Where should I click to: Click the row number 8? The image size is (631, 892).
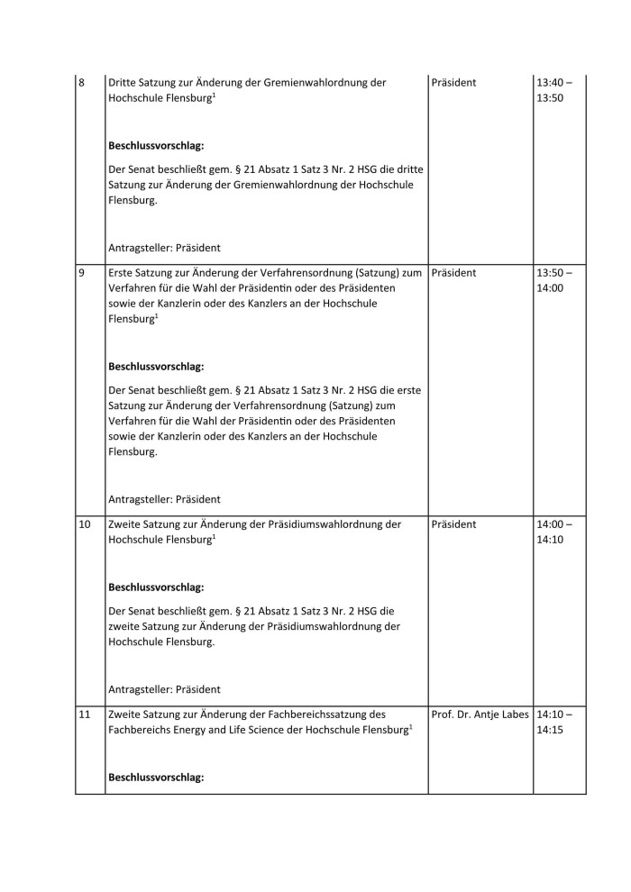click(82, 83)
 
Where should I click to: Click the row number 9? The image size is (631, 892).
click(82, 271)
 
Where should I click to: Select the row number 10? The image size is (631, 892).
click(85, 523)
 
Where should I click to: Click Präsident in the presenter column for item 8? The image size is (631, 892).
click(454, 83)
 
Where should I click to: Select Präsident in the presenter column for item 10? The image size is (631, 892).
click(454, 523)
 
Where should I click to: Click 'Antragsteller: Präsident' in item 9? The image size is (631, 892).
click(164, 498)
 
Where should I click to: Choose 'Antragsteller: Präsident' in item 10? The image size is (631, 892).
click(164, 688)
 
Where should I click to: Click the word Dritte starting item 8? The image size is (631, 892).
click(122, 83)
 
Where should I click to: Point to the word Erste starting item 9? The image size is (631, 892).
click(120, 271)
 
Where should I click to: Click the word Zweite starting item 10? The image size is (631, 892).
click(124, 523)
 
